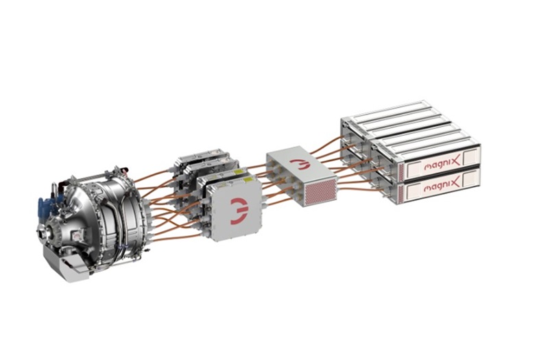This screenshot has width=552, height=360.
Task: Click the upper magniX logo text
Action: pyautogui.click(x=442, y=164)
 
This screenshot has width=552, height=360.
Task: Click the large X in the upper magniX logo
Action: pyautogui.click(x=455, y=163)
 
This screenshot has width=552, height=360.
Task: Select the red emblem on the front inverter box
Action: pyautogui.click(x=239, y=211)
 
